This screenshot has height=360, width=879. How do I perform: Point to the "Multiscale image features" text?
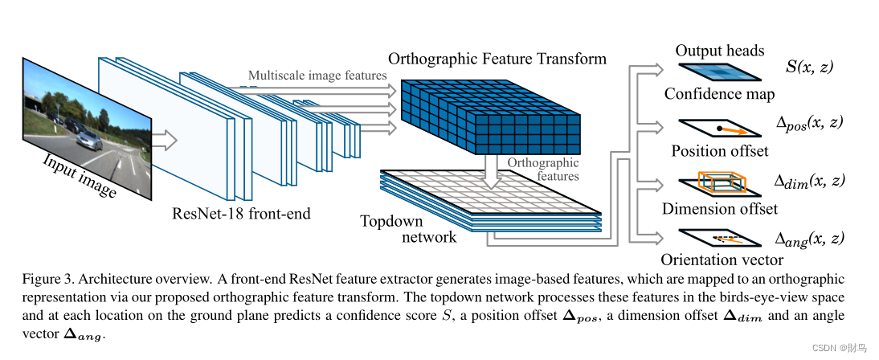click(317, 76)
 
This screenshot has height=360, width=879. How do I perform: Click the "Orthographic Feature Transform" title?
click(497, 59)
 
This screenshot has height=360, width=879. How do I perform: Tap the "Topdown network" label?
click(408, 228)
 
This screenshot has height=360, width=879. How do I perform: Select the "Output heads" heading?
click(720, 51)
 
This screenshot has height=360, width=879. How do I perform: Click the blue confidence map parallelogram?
click(719, 73)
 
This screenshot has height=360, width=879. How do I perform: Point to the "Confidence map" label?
click(719, 94)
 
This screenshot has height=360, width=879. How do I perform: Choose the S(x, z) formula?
click(809, 67)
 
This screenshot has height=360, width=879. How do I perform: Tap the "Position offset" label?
click(719, 151)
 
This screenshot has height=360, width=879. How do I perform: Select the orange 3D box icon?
click(722, 182)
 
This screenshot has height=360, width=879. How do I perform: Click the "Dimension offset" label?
click(720, 209)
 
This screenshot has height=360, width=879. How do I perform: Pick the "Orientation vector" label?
click(722, 260)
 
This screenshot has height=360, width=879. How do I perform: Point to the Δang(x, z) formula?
click(809, 239)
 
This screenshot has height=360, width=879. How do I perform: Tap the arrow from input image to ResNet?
click(164, 140)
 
